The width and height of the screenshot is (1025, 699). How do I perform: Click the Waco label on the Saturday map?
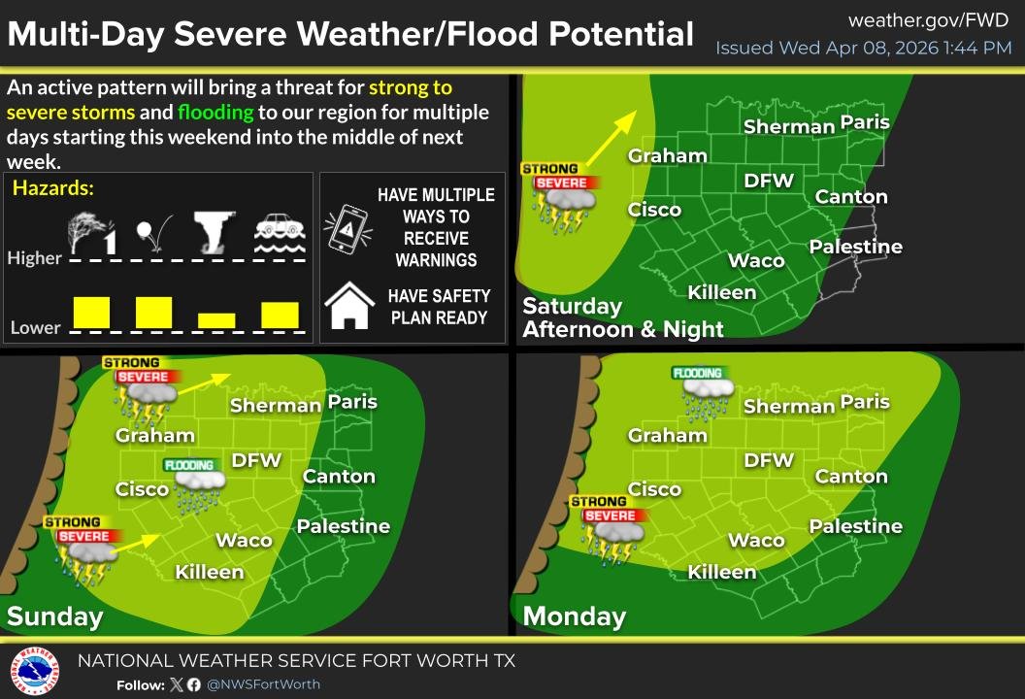pyautogui.click(x=756, y=260)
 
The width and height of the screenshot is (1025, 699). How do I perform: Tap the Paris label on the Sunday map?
pyautogui.click(x=352, y=401)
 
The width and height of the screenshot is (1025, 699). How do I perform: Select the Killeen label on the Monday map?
pyautogui.click(x=722, y=572)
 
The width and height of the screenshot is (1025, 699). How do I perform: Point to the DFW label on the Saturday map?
pyautogui.click(x=769, y=181)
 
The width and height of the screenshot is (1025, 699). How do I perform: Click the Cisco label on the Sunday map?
pyautogui.click(x=143, y=488)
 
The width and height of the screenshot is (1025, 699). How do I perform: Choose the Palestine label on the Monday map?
pyautogui.click(x=856, y=526)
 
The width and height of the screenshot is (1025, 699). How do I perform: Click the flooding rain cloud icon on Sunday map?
pyautogui.click(x=196, y=485)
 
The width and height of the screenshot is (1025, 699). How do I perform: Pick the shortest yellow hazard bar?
pyautogui.click(x=216, y=319)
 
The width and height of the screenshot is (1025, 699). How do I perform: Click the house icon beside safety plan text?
pyautogui.click(x=349, y=306)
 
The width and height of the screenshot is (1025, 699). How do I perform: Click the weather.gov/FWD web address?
pyautogui.click(x=929, y=20)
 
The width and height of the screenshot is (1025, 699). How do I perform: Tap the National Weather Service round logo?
pyautogui.click(x=34, y=670)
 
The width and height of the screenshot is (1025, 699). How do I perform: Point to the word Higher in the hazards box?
pyautogui.click(x=34, y=258)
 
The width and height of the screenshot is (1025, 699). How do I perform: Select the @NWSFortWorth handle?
pyautogui.click(x=263, y=684)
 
